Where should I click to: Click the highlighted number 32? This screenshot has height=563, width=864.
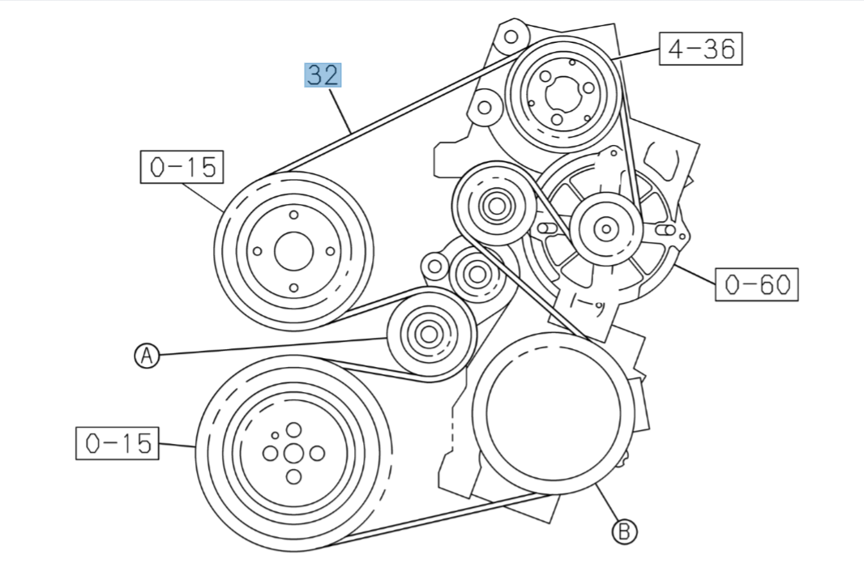(x=323, y=75)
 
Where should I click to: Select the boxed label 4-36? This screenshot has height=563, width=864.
(x=701, y=49)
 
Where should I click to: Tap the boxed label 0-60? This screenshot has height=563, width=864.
(x=756, y=284)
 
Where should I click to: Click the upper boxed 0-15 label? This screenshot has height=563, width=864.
(x=182, y=166)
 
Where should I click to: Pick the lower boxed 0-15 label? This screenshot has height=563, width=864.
(x=118, y=443)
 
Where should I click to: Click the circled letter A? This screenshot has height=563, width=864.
(x=147, y=356)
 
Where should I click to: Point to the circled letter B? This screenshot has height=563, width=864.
(x=624, y=531)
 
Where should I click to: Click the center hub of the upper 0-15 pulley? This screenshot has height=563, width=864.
(x=293, y=251)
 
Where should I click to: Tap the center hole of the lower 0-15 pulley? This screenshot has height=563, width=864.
(x=293, y=453)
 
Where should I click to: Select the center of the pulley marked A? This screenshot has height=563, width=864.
(x=429, y=335)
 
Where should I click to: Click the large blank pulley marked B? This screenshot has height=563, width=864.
(x=554, y=413)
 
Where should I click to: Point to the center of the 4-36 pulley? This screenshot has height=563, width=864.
(x=563, y=95)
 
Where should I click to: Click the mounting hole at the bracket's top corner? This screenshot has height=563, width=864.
(x=511, y=37)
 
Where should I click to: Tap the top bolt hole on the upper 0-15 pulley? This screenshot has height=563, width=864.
(x=293, y=215)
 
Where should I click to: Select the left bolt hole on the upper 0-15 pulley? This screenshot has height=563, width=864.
(x=257, y=251)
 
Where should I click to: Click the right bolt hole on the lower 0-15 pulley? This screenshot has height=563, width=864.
(x=317, y=454)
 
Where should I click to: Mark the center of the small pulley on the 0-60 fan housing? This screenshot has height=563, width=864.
(x=606, y=228)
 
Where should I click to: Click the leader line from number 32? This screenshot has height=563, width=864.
(x=340, y=110)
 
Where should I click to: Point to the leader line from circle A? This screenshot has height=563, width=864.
(x=273, y=346)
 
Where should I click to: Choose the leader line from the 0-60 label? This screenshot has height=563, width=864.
(x=695, y=274)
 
